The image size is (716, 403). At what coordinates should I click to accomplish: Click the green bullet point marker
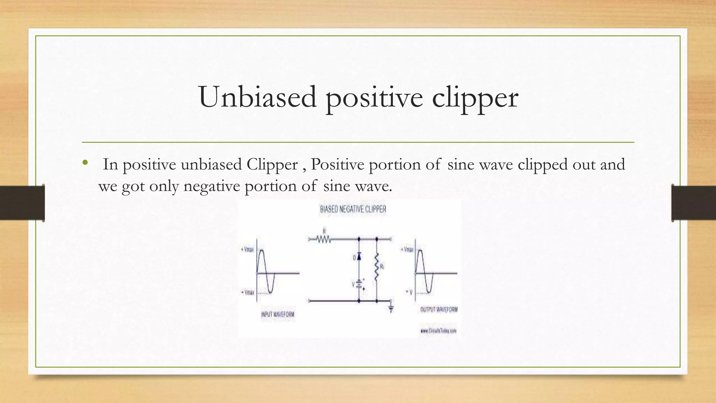click(x=85, y=162)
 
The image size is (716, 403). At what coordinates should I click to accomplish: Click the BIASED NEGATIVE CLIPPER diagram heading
click(x=353, y=209)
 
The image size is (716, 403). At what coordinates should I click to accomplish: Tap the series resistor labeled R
click(x=324, y=239)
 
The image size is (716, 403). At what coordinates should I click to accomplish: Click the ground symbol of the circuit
click(x=391, y=308)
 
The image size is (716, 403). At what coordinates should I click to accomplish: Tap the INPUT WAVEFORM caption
click(x=278, y=314)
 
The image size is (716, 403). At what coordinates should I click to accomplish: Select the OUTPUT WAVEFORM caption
click(x=439, y=310)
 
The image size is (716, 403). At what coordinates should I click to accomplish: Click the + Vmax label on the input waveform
click(x=247, y=250)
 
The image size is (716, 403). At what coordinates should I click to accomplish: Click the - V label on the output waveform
click(x=409, y=292)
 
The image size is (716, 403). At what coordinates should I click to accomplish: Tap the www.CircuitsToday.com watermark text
click(x=438, y=331)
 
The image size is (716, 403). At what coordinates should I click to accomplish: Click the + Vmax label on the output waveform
click(x=407, y=249)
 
